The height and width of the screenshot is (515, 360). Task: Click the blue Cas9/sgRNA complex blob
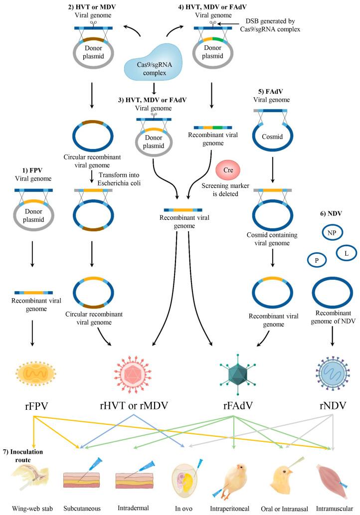pos(153,63)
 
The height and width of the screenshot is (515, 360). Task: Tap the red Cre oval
pos(228,170)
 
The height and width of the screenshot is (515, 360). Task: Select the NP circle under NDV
pos(332,233)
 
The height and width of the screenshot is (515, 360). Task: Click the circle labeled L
pos(346,253)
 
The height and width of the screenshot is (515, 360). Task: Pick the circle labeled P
pos(317,260)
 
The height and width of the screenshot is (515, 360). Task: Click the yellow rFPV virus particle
pos(35,373)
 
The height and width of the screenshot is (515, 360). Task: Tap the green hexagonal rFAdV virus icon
pos(237,374)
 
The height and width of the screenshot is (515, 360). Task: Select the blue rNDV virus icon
pos(332,373)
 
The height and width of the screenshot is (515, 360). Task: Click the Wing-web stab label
pos(32,509)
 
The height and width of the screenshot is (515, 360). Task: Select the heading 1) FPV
pos(32,170)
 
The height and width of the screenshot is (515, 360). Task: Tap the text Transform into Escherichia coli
pos(119,179)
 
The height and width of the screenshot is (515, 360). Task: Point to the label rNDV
pos(333,406)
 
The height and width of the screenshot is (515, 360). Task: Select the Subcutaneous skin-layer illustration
pos(81,480)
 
